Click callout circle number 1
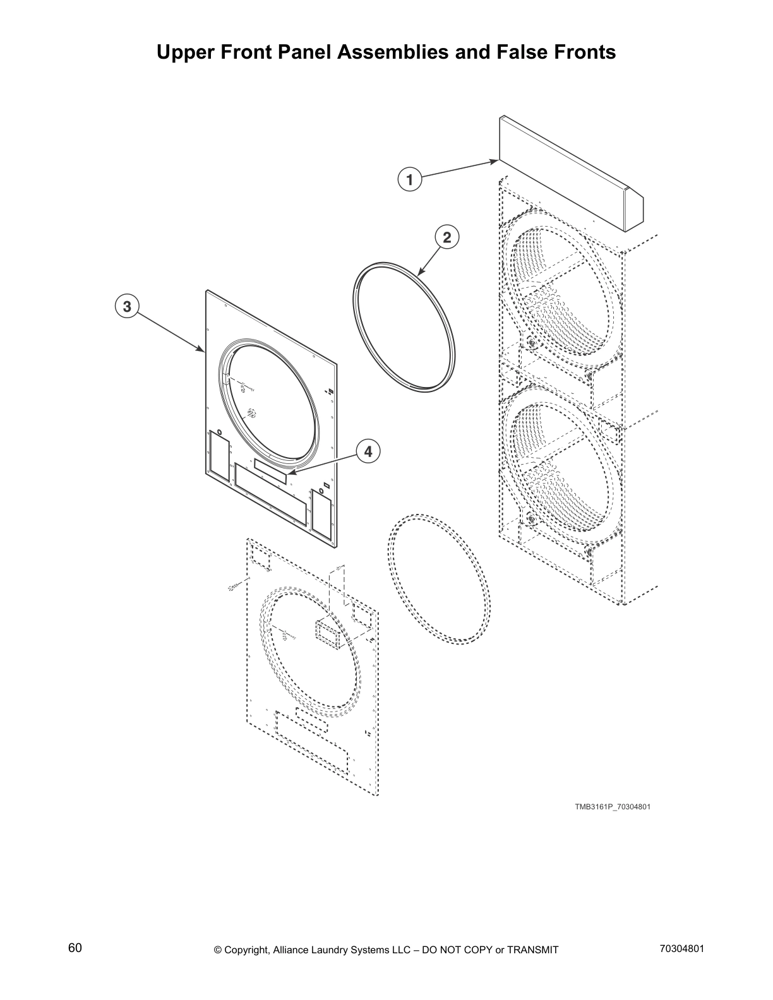coord(409,179)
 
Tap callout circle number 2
coord(446,237)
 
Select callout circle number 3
coord(127,307)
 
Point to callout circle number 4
coord(368,451)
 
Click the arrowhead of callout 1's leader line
coord(496,162)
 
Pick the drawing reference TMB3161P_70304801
coord(612,807)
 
